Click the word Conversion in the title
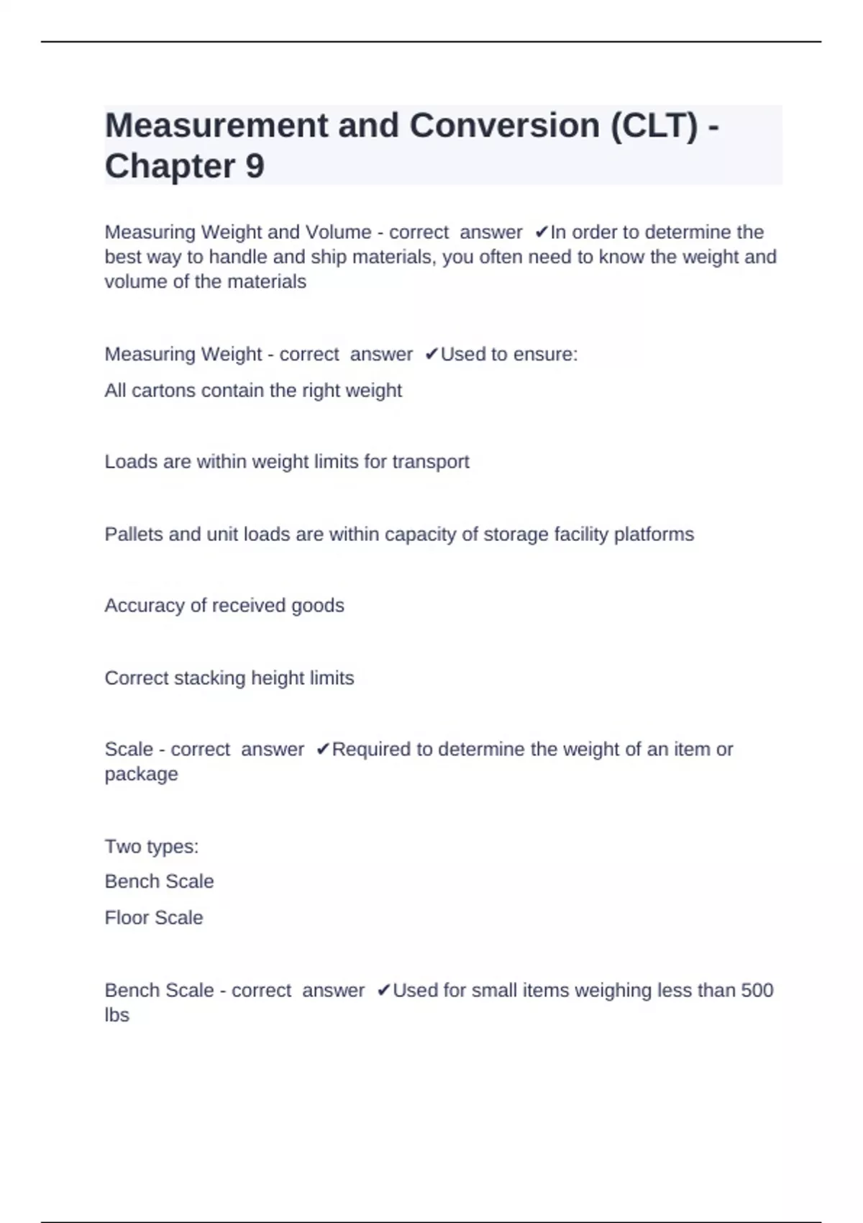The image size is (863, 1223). (504, 126)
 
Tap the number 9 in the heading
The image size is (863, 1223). (255, 166)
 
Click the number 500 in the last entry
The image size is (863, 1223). (757, 991)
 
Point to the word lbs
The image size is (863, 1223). (117, 1015)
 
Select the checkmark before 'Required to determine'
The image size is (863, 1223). (322, 750)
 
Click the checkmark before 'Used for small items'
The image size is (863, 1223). (383, 991)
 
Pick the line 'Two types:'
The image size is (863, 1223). (151, 847)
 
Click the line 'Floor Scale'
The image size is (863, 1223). (153, 918)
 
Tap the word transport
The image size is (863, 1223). (430, 462)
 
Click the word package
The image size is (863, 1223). (141, 775)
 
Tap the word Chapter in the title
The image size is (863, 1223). (170, 166)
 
